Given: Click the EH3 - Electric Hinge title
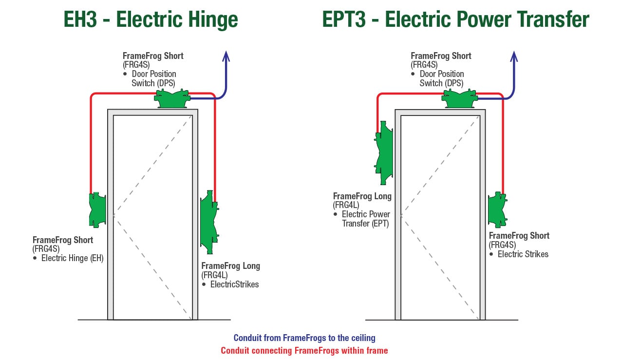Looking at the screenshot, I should (x=151, y=19).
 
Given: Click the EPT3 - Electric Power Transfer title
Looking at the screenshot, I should (x=455, y=19).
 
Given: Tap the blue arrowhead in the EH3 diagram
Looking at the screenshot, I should (x=226, y=57).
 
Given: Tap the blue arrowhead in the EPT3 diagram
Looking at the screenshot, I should (x=514, y=57).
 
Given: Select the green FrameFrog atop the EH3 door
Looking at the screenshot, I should (x=171, y=99).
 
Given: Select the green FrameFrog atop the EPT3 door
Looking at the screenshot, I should (x=459, y=99).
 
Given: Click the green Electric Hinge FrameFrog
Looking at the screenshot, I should (x=97, y=209).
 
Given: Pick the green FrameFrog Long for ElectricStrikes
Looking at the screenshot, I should (x=208, y=222).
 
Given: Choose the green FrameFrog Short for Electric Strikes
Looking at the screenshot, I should (x=497, y=209).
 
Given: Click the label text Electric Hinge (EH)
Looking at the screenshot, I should (x=72, y=258).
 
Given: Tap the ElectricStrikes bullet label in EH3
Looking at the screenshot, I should (x=234, y=284).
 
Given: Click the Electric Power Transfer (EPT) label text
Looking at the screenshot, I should (x=365, y=219).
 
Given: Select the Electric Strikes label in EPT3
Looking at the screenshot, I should (x=523, y=254).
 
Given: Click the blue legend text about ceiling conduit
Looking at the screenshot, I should (x=304, y=338).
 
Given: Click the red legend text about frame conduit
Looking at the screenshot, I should (x=304, y=350).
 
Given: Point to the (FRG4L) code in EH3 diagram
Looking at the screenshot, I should (x=214, y=275).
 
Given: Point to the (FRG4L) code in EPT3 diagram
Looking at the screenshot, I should (x=346, y=205).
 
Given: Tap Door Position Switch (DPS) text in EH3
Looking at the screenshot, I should (x=153, y=78).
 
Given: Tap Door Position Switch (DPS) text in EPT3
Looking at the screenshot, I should (x=441, y=78).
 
